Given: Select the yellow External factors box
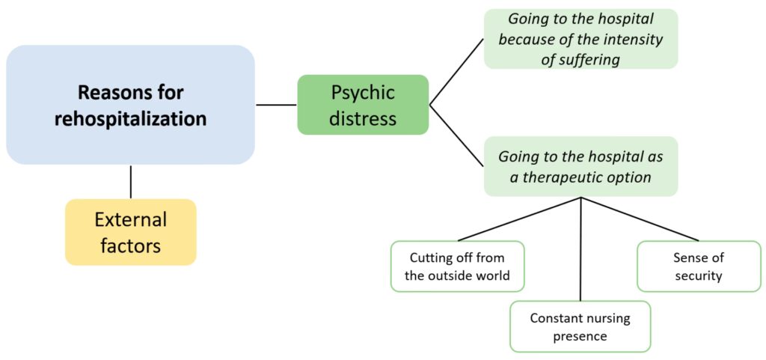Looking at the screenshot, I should tap(130, 232).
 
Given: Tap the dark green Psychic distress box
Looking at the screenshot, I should tap(363, 105).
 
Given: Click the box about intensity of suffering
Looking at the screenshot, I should tap(580, 39).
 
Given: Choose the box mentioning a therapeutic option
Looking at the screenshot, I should tap(580, 167).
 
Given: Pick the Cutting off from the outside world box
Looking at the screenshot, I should tap(457, 266).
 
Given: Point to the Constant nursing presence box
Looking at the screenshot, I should tap(580, 326).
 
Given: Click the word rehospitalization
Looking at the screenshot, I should tap(130, 119).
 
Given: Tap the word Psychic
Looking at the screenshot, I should tap(363, 93).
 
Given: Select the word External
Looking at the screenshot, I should tap(130, 220).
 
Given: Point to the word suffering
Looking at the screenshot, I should tap(591, 59).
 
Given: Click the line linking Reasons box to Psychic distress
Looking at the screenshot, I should tap(276, 105).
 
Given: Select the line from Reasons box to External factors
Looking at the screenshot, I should tap(131, 182).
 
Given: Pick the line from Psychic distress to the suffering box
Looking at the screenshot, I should tap(456, 72).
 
